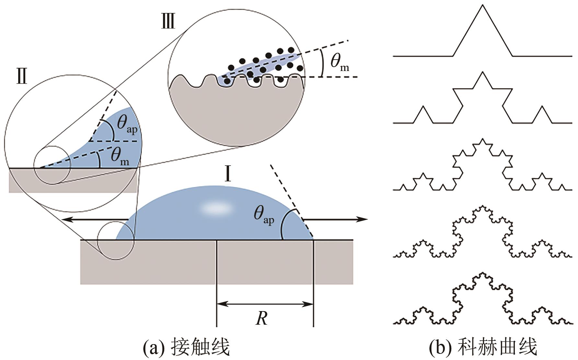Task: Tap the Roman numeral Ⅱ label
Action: [22, 78]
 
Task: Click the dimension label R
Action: [261, 319]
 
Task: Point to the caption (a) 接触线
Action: [186, 347]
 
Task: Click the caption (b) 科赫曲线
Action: [483, 347]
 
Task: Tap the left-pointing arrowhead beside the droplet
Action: [66, 220]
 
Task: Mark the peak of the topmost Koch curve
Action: [482, 5]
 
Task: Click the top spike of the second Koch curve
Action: [482, 72]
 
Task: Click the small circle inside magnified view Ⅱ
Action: [52, 165]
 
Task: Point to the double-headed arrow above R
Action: [265, 304]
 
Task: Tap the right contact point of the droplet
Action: [313, 240]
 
